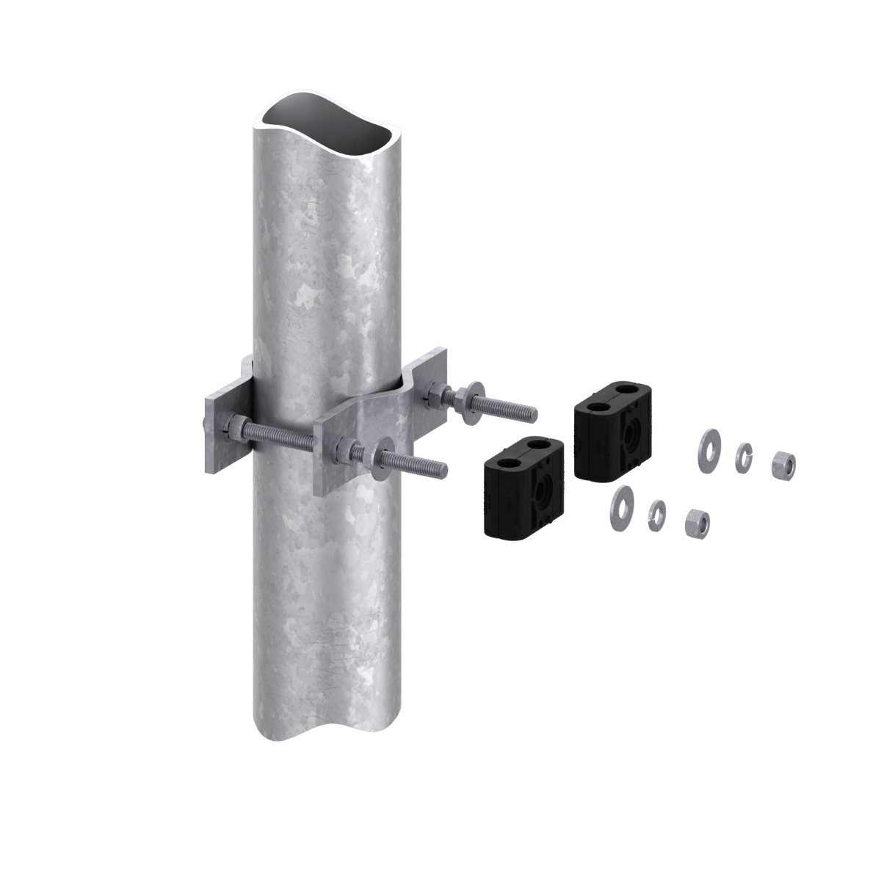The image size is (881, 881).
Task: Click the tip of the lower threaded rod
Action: click(x=443, y=468)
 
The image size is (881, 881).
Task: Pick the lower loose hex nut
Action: click(x=696, y=522)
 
